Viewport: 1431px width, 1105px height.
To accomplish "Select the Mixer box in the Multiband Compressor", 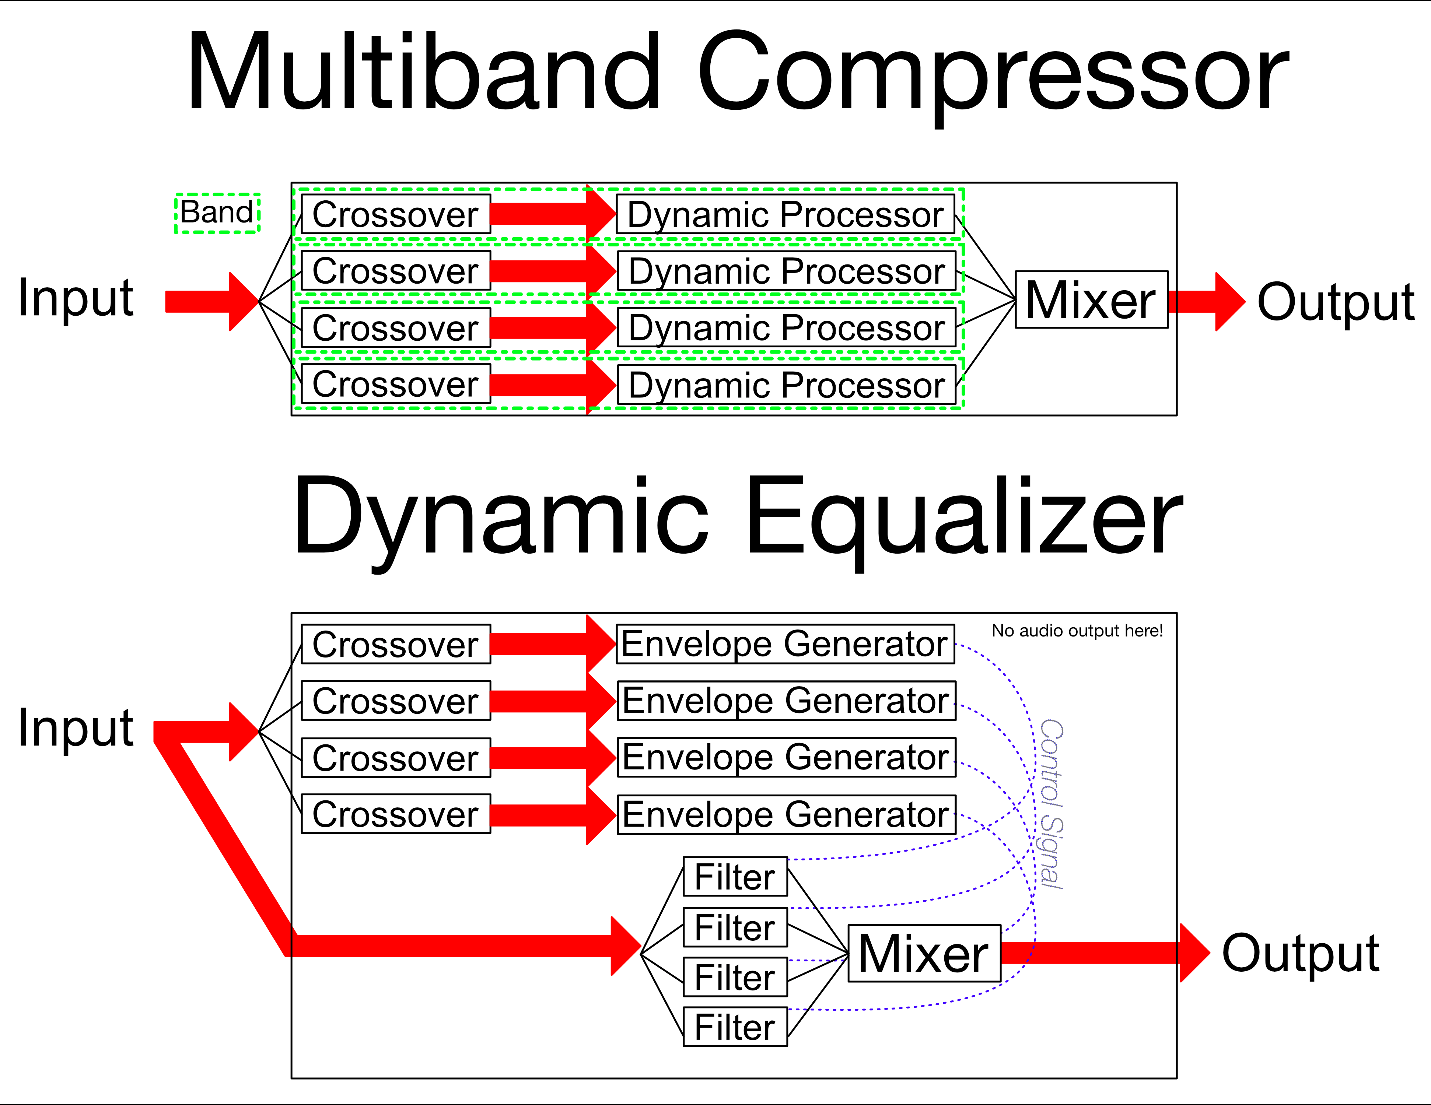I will (1091, 300).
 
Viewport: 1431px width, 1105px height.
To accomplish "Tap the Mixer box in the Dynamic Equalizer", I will (924, 953).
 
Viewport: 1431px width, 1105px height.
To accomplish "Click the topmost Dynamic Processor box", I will (785, 214).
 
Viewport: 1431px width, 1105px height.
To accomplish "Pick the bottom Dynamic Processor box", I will (786, 385).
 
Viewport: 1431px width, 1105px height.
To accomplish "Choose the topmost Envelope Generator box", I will (785, 644).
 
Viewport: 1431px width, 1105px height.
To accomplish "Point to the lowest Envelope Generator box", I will (786, 814).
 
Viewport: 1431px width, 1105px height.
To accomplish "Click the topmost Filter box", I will (735, 876).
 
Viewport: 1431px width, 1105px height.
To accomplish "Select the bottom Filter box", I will (735, 1027).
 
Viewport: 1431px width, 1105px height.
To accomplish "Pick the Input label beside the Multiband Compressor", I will (76, 298).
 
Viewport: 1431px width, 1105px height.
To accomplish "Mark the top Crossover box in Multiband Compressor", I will (396, 214).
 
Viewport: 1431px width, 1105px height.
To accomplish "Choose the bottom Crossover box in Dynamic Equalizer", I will (396, 814).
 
